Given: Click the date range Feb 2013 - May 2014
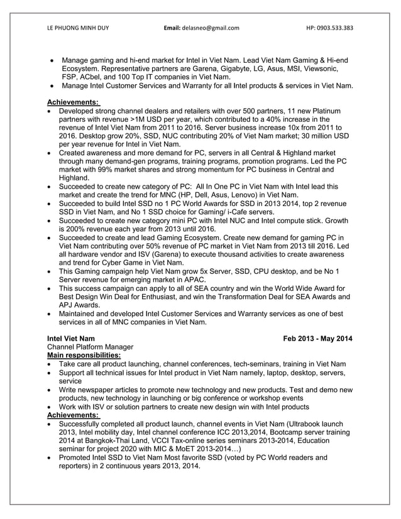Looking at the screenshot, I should [x=318, y=339].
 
